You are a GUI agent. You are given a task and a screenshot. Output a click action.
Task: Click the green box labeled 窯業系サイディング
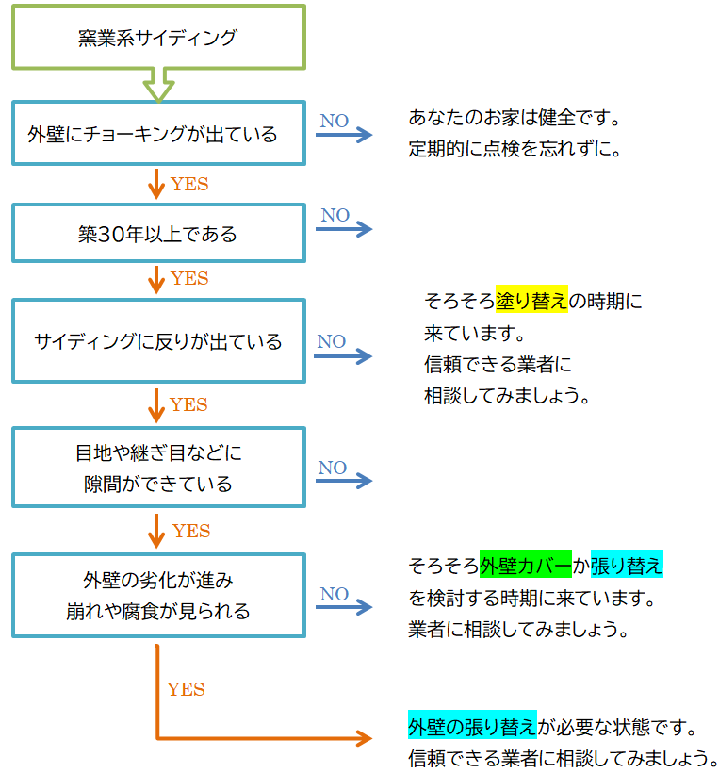(157, 38)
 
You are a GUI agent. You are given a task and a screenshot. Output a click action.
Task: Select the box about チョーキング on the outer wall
(157, 134)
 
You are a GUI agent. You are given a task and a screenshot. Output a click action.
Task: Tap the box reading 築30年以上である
(157, 233)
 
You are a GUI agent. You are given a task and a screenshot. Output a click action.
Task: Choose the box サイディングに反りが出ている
(157, 341)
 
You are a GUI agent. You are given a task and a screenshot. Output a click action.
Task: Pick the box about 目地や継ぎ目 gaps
(157, 469)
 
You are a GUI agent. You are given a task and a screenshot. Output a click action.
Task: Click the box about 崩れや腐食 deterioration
(157, 596)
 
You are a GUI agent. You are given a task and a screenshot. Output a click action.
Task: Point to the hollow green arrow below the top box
(157, 85)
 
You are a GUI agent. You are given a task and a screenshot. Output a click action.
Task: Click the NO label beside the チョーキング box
(334, 121)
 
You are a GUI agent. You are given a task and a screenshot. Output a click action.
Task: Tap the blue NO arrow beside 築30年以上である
(344, 230)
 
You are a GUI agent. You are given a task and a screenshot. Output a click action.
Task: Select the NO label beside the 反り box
(331, 341)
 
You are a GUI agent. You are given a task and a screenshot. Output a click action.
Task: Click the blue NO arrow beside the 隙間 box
(344, 482)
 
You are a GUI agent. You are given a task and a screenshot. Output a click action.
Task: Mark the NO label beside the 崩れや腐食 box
(334, 594)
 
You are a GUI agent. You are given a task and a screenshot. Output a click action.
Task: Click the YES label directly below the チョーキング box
(189, 185)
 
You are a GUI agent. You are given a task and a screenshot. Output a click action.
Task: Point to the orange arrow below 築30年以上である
(156, 278)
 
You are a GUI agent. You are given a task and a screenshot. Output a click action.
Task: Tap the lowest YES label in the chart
(186, 689)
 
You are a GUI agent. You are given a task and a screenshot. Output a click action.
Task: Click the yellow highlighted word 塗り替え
(531, 302)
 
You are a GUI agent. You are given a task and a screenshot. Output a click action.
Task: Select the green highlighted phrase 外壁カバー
(525, 566)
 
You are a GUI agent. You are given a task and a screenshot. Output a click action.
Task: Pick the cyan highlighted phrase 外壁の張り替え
(472, 727)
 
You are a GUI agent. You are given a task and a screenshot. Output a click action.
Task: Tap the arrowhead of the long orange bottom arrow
(364, 738)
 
